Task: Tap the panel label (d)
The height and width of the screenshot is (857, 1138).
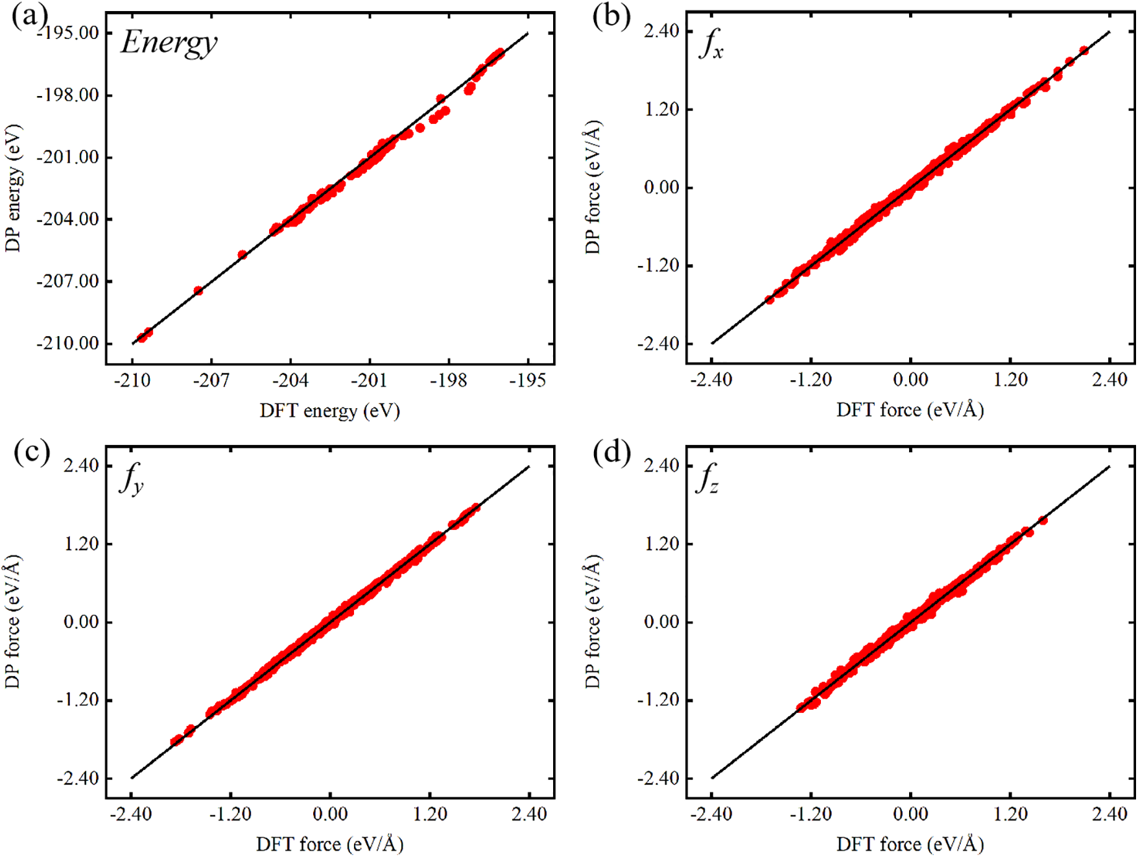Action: point(611,452)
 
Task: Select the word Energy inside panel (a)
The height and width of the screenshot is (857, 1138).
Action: point(169,43)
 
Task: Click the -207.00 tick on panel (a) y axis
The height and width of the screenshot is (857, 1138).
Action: point(67,282)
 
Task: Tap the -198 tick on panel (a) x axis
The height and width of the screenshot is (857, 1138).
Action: point(449,381)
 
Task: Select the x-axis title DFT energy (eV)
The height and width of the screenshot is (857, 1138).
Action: point(329,411)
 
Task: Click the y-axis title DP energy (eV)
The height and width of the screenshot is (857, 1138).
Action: point(13,188)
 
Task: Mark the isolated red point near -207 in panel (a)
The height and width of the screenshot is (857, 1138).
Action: point(198,291)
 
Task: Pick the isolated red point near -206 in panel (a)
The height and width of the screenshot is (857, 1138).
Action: point(243,255)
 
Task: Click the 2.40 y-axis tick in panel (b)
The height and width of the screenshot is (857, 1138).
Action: point(661,31)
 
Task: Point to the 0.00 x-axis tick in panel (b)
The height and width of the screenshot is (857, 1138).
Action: point(910,380)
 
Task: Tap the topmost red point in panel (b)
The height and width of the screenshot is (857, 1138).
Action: point(1084,51)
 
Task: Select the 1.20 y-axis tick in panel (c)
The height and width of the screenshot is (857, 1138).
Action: point(81,544)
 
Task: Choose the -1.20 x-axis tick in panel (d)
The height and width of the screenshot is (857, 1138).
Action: point(811,814)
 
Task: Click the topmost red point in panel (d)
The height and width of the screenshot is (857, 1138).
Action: point(1043,520)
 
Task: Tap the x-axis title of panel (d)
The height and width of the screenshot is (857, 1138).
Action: point(910,844)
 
